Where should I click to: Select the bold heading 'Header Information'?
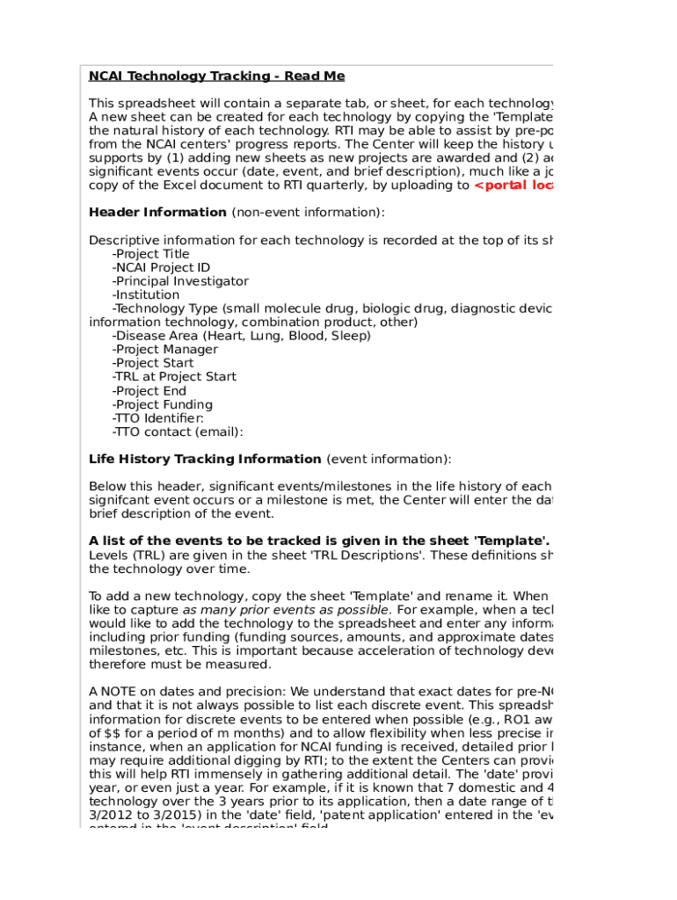[157, 212]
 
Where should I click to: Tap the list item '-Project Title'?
[150, 254]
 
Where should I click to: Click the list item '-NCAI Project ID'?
[161, 268]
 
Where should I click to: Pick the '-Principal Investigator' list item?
[180, 281]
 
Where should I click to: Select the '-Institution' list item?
[146, 295]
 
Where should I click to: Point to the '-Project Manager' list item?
[165, 350]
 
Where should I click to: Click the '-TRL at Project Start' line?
[174, 377]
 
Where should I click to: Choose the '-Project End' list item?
[149, 391]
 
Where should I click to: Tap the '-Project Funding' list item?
[163, 405]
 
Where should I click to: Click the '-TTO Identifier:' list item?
[158, 418]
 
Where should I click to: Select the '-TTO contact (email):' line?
[178, 432]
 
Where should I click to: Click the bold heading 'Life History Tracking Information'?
[205, 459]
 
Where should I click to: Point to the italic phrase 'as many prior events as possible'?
[285, 610]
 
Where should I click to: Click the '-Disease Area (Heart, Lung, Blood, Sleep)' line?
[241, 336]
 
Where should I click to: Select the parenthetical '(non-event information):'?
[308, 212]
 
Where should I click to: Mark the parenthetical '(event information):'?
[389, 459]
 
